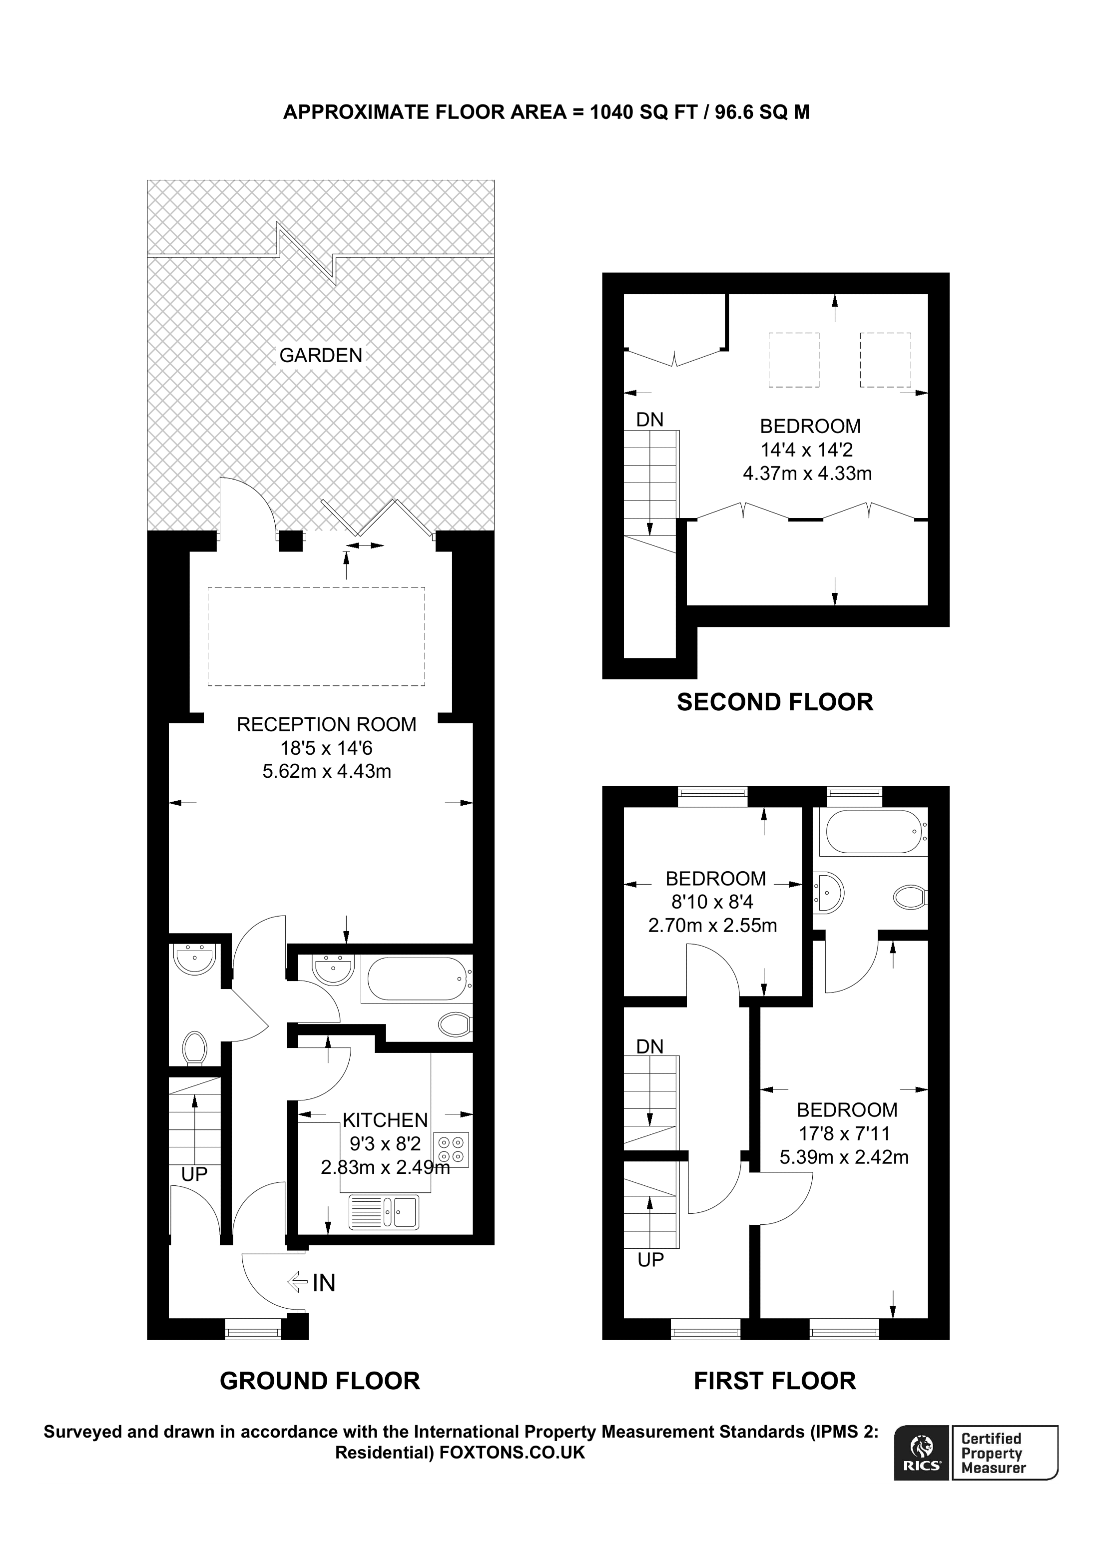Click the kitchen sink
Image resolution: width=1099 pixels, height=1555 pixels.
pyautogui.click(x=384, y=1212)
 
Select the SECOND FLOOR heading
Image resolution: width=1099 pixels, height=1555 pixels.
pyautogui.click(x=775, y=702)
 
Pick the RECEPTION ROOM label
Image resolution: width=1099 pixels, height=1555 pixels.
pyautogui.click(x=326, y=725)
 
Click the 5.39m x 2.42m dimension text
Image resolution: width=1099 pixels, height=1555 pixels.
pyautogui.click(x=844, y=1157)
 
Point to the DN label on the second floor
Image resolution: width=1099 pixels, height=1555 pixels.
pyautogui.click(x=649, y=420)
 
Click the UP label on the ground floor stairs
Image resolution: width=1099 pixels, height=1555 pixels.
pyautogui.click(x=194, y=1174)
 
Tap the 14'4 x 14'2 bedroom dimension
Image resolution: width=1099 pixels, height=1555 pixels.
pyautogui.click(x=806, y=450)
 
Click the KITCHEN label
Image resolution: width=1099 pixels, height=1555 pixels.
pyautogui.click(x=385, y=1120)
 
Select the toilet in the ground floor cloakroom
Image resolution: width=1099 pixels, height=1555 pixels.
pyautogui.click(x=195, y=1048)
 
